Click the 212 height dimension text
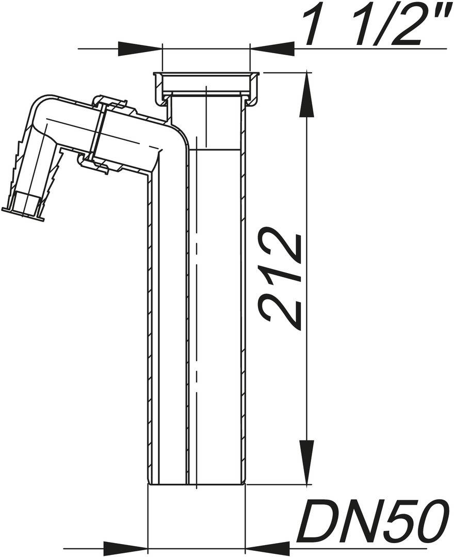tap(282, 279)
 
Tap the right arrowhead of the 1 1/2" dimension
tap(272, 49)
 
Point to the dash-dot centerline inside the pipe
tap(197, 310)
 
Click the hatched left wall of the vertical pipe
tap(152, 330)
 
